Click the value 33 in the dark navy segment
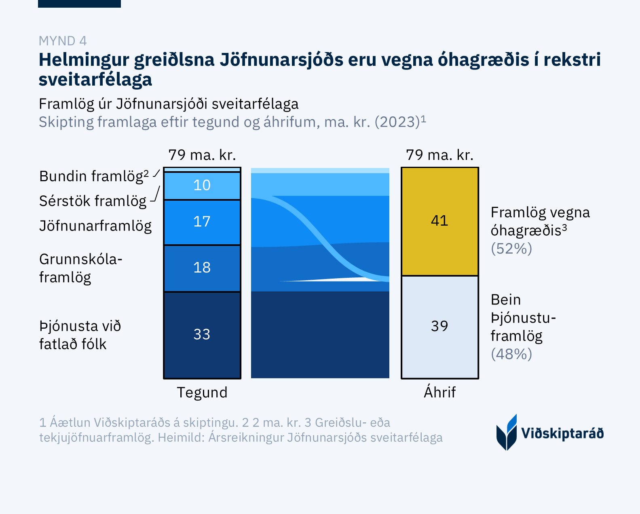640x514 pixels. (x=202, y=334)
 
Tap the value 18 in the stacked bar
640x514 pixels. (x=202, y=268)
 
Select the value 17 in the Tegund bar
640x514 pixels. (x=202, y=222)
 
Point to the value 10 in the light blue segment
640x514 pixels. (x=202, y=185)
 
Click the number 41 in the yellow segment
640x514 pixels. (x=439, y=221)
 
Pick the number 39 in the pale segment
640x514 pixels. (x=439, y=326)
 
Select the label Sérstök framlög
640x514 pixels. (x=93, y=201)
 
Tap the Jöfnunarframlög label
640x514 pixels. (x=95, y=226)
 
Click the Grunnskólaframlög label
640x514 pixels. (x=80, y=268)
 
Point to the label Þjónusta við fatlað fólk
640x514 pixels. (x=80, y=335)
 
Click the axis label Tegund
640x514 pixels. (x=202, y=392)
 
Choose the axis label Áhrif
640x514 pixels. (x=439, y=392)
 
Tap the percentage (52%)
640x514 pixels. (x=511, y=249)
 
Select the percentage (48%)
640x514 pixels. (x=511, y=354)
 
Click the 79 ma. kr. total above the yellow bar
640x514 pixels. (x=439, y=155)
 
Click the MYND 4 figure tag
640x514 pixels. (x=63, y=41)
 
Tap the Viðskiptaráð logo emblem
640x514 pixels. (x=507, y=432)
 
